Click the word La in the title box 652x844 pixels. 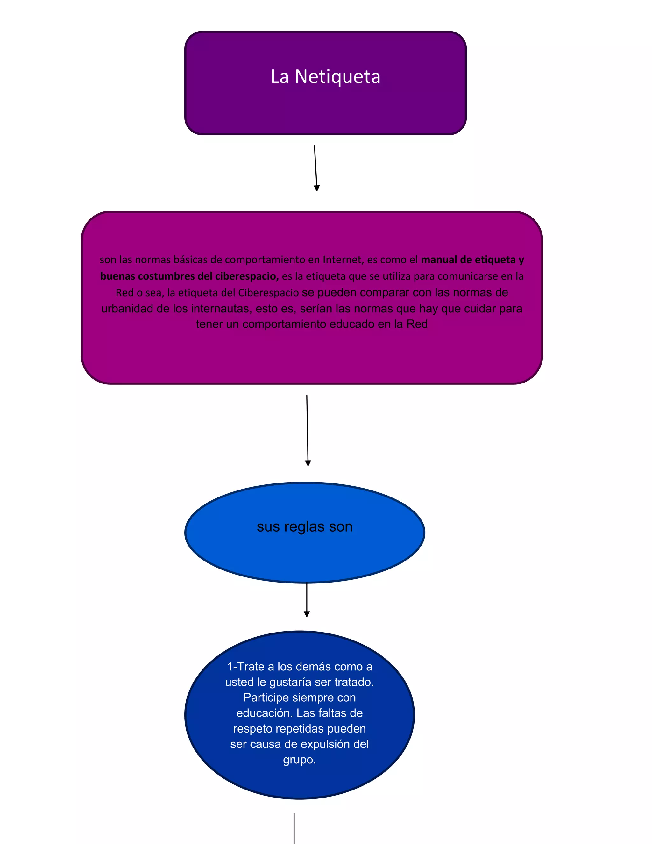click(x=280, y=76)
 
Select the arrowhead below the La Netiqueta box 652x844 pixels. click(x=317, y=188)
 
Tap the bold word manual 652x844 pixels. click(x=439, y=260)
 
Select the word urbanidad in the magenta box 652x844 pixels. click(x=127, y=308)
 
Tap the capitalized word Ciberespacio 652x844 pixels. click(x=268, y=293)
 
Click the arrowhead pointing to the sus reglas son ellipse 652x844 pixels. click(x=308, y=463)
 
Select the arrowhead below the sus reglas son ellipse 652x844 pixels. click(x=307, y=614)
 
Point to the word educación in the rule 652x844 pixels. click(x=265, y=713)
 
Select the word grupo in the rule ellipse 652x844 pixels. click(x=299, y=760)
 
